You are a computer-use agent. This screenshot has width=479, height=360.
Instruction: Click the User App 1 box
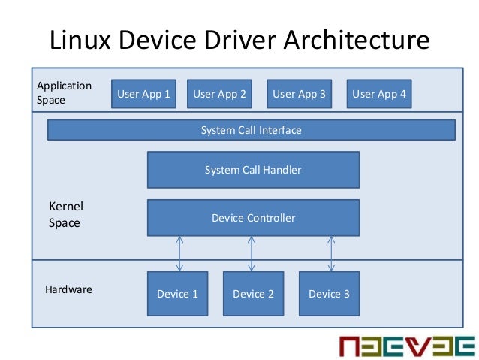point(143,94)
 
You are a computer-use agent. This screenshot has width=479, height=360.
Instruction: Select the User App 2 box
point(219,94)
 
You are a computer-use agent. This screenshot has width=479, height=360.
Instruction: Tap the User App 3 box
point(299,94)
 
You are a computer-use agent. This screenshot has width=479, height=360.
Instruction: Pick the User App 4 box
point(379,94)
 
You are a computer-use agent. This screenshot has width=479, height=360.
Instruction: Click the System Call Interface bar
point(251,130)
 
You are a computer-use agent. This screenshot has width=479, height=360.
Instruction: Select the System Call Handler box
point(253,170)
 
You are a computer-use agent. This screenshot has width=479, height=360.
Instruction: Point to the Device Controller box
point(253,218)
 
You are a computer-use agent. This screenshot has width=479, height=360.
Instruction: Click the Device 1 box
point(177,293)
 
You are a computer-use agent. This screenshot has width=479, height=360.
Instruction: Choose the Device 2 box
point(253,293)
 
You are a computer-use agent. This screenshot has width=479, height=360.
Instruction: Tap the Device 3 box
point(329,293)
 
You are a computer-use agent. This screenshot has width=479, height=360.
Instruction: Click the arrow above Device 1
point(179,254)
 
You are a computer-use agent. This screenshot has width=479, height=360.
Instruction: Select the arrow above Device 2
point(252,254)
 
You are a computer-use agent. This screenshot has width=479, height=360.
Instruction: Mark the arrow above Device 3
point(330,254)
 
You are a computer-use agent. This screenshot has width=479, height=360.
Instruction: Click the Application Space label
point(64,92)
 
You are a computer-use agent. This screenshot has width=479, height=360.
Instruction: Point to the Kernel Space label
point(65,214)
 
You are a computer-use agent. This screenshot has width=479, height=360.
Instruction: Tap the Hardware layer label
point(68,289)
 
